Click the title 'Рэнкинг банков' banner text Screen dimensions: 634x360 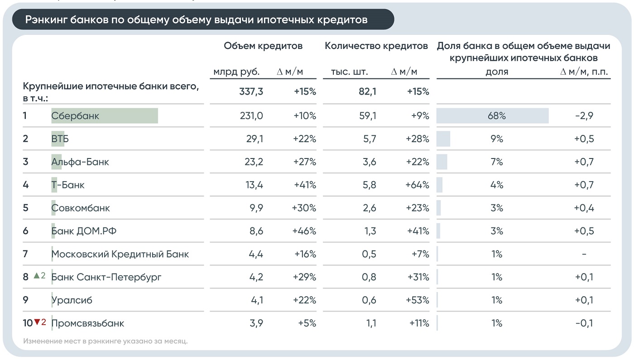(196, 19)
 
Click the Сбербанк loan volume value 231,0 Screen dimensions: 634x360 (251, 116)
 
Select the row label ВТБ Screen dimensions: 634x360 (60, 139)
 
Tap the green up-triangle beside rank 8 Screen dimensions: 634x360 (37, 275)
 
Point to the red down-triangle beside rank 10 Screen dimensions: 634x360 (37, 322)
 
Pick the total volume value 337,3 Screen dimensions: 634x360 (251, 91)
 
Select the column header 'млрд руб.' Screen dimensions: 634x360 (236, 72)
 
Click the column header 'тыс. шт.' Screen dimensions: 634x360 (350, 72)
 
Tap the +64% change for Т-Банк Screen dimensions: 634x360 (417, 185)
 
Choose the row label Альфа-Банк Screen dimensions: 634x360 (80, 162)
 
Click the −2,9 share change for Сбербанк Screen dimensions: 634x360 (584, 116)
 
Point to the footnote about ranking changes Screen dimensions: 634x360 (105, 341)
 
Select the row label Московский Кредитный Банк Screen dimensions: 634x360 (120, 254)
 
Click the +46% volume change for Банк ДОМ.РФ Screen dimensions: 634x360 (304, 231)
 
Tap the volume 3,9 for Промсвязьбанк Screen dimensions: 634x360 (256, 323)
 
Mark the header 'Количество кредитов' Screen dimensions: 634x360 (376, 46)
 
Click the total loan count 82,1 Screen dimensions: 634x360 (367, 91)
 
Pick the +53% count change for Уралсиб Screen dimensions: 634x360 (418, 300)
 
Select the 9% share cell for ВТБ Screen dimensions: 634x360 (497, 139)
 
